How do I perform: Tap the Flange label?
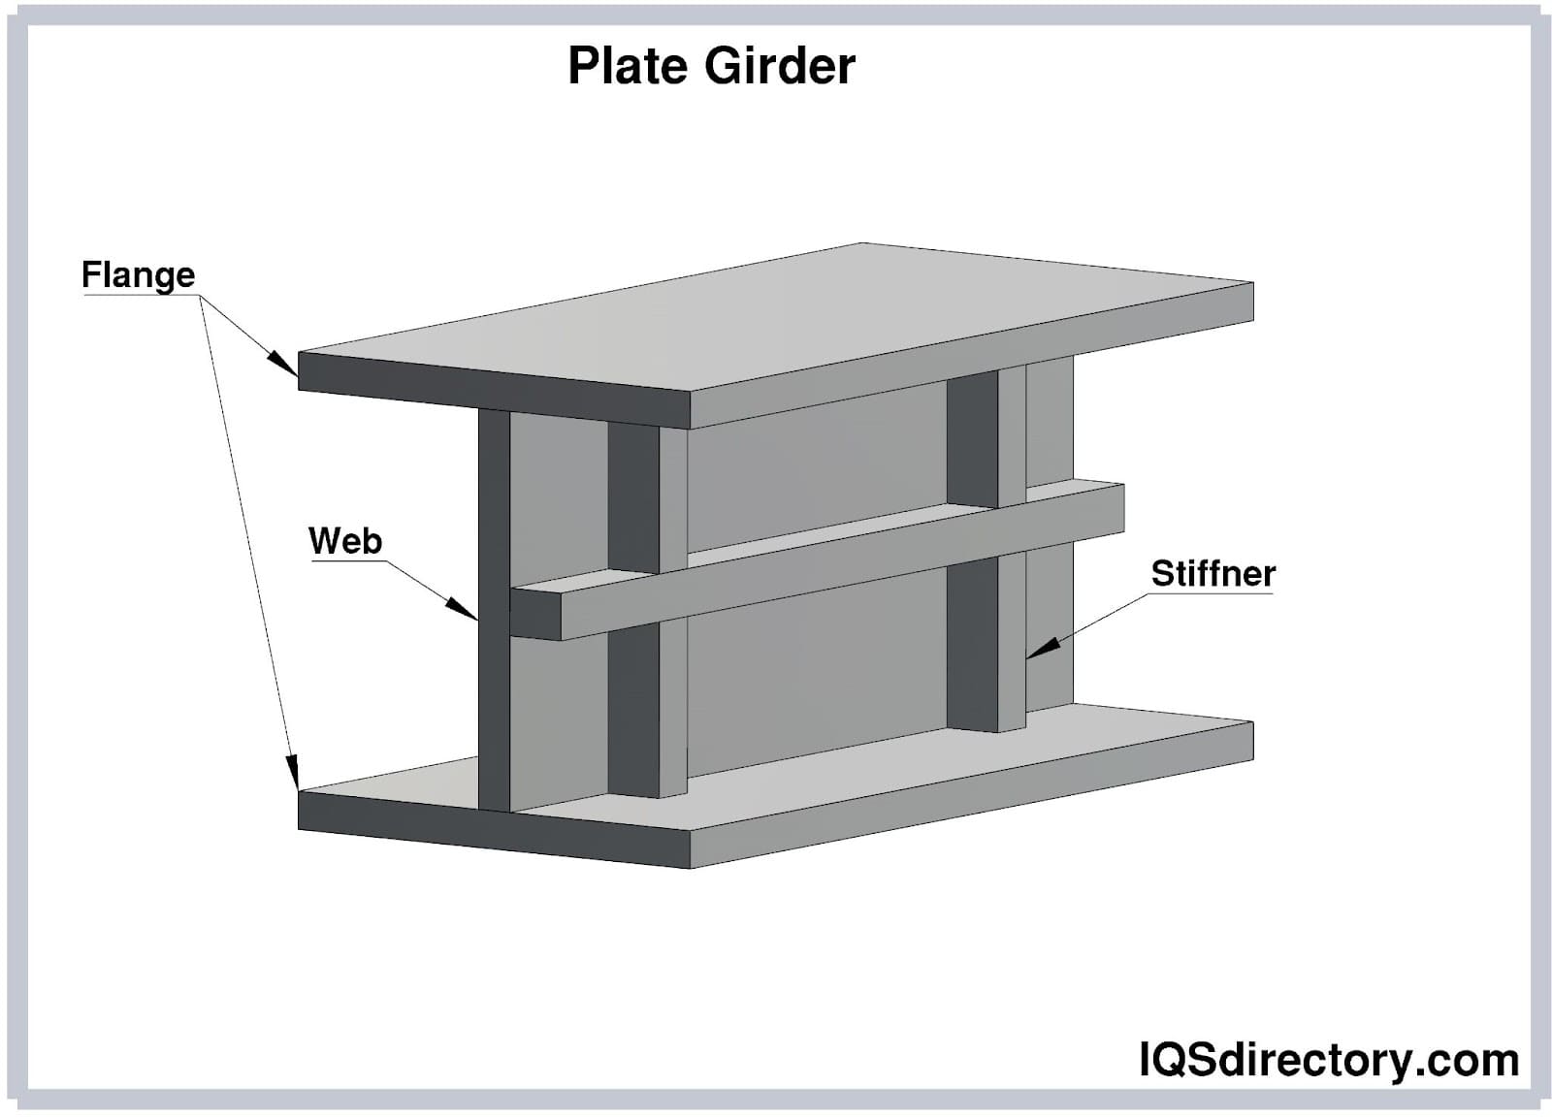point(138,275)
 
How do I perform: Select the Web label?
point(344,540)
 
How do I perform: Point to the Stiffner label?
point(1212,573)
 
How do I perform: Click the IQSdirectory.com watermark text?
point(1328,1059)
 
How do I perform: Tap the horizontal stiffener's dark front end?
point(534,613)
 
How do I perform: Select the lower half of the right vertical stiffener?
point(972,645)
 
